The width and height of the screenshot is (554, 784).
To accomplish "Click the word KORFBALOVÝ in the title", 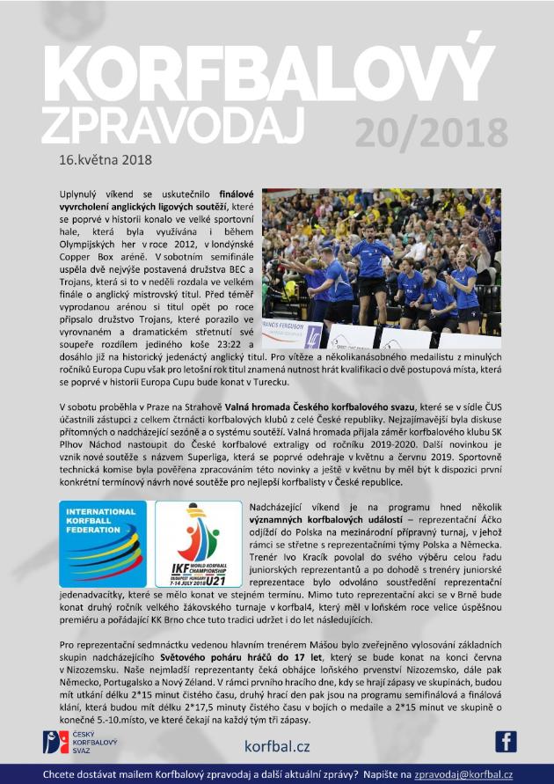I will point(276,72).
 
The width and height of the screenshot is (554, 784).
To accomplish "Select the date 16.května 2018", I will point(106,160).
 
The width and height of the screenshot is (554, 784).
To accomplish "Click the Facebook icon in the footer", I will point(506,743).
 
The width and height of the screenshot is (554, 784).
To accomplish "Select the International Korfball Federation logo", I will point(103,544).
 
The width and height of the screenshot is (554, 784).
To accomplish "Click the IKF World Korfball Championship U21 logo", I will point(198,544).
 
